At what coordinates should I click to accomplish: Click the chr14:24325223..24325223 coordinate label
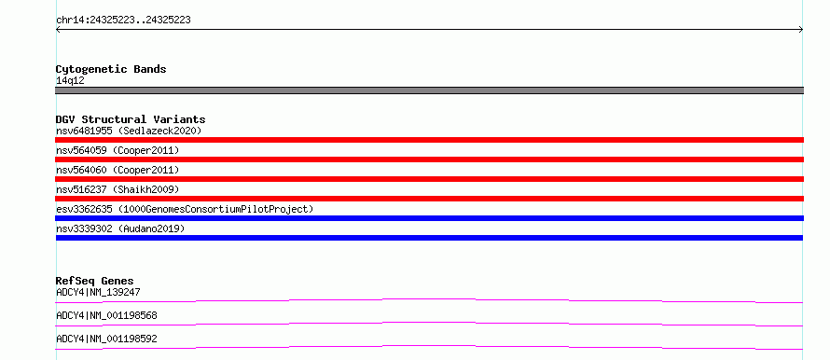[x=123, y=21]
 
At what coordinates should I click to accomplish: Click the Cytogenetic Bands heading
[x=111, y=69]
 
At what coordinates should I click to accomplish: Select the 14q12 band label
[x=70, y=81]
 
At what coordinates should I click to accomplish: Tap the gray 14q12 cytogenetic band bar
[x=429, y=90]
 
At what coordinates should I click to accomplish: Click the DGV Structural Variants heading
[x=131, y=119]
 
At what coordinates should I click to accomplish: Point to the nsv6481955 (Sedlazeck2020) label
[x=129, y=131]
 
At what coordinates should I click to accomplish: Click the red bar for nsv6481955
[x=429, y=140]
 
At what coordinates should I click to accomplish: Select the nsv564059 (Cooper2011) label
[x=118, y=150]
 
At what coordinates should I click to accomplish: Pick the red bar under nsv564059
[x=429, y=159]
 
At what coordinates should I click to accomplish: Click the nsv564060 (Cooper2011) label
[x=118, y=170]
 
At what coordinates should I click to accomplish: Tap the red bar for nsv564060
[x=429, y=179]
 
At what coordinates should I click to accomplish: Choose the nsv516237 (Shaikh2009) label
[x=118, y=189]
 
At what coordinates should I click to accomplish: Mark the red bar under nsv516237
[x=429, y=199]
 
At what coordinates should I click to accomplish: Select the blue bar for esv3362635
[x=429, y=218]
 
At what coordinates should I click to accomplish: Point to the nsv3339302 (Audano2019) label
[x=120, y=228]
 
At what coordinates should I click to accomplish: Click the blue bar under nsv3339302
[x=429, y=238]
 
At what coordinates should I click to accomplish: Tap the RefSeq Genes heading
[x=95, y=281]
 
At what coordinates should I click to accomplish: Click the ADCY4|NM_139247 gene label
[x=98, y=292]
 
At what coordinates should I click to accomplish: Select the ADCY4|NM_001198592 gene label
[x=106, y=339]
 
